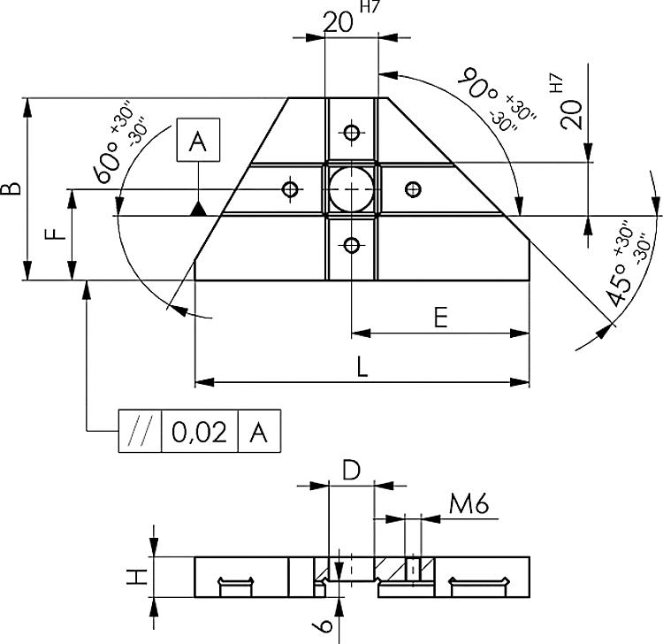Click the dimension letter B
pos(11,188)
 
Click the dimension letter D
pos(351,471)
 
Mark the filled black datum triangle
pos(199,209)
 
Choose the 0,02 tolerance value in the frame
pos(200,432)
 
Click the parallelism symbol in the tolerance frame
pos(140,432)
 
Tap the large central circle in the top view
pos(352,188)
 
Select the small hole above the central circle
pos(352,134)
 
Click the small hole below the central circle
pos(352,245)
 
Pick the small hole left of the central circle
pos(289,188)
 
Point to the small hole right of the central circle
pos(412,188)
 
